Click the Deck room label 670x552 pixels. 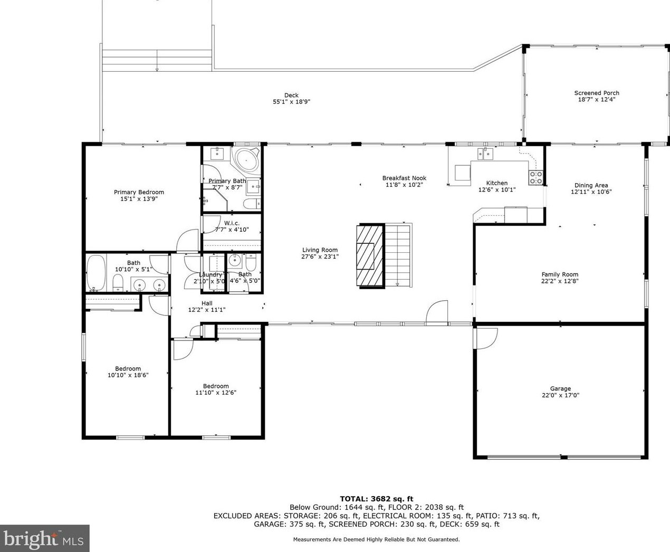coord(291,96)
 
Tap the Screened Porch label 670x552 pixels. coord(597,93)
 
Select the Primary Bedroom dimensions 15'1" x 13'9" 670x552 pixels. coord(139,199)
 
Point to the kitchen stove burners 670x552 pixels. coord(536,178)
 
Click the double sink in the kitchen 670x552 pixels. coord(485,154)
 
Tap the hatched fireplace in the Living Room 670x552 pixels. coord(370,256)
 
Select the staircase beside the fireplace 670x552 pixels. coord(398,255)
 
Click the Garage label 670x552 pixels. coord(561,388)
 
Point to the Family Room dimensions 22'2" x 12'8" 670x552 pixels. coord(560,281)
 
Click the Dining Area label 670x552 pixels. coord(591,185)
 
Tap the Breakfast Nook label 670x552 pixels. coord(404,178)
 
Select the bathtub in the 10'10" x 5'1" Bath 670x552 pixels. coord(96,272)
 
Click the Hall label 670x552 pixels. coord(207,303)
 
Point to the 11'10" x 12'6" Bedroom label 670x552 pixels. coord(216,386)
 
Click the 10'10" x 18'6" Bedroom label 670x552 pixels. coord(128,368)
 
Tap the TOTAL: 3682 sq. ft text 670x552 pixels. coord(377,499)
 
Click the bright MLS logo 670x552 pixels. coord(45,538)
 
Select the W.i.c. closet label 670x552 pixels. coord(232,223)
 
